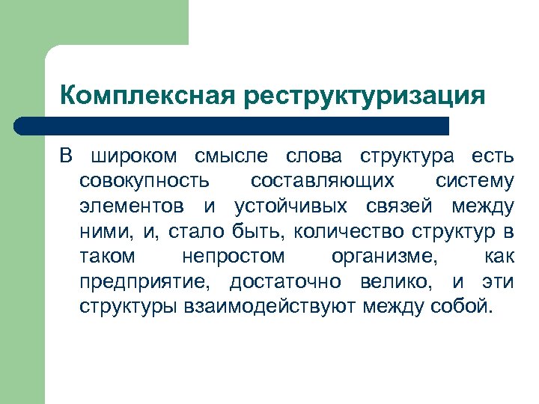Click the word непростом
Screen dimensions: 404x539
(x=233, y=257)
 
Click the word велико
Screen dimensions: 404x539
(x=404, y=282)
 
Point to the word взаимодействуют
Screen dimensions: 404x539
(x=269, y=307)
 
